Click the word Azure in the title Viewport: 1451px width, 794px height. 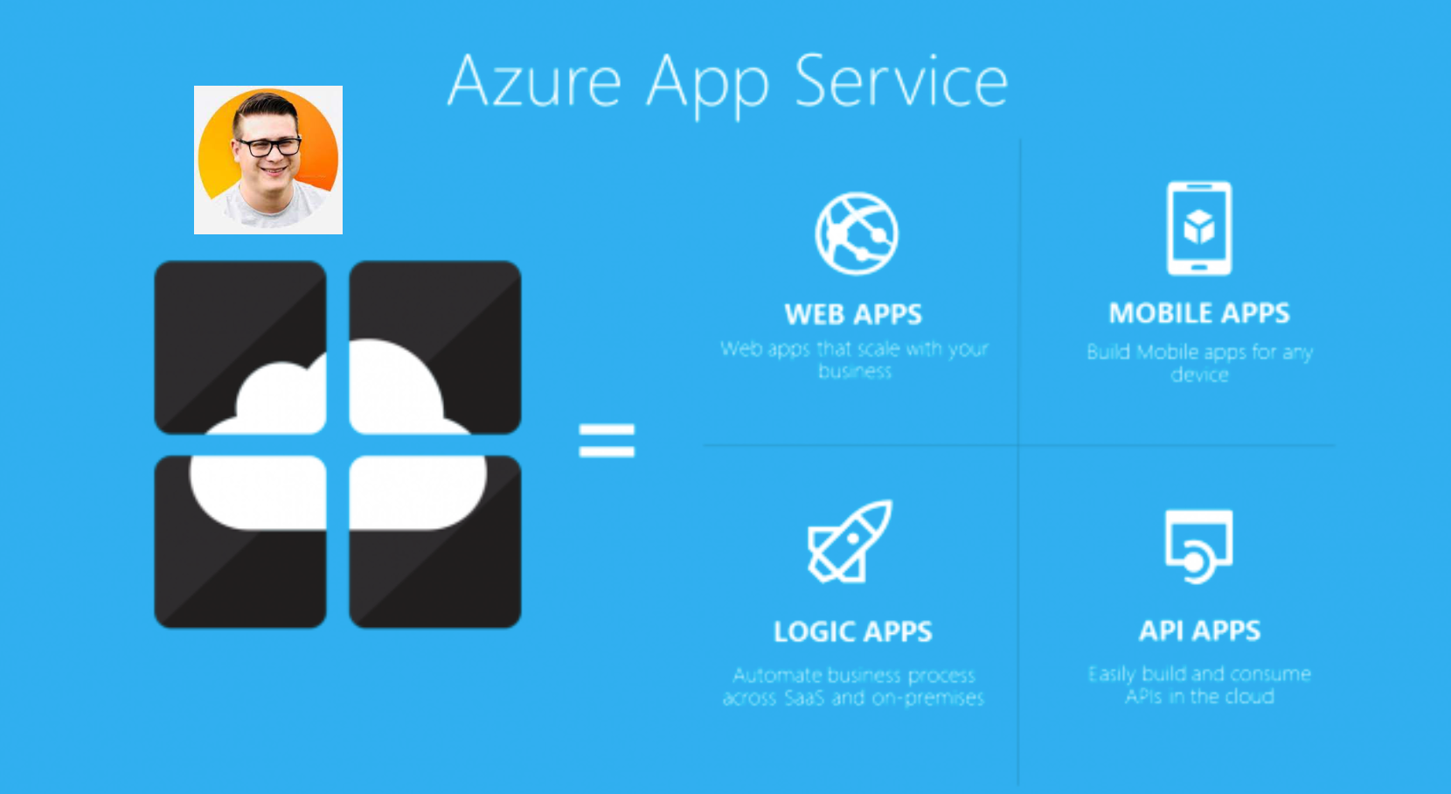[x=534, y=82]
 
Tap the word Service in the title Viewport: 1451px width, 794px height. [x=901, y=82]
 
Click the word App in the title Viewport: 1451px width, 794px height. [x=708, y=84]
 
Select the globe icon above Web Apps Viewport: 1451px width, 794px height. [x=856, y=233]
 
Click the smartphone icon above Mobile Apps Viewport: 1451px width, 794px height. [x=1199, y=228]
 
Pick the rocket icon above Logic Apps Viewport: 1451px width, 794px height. [x=849, y=541]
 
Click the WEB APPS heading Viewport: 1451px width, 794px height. [x=853, y=314]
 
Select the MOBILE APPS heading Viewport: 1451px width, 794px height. [x=1199, y=313]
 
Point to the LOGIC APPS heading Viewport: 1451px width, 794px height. [x=853, y=631]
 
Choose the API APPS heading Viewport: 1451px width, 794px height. [x=1199, y=630]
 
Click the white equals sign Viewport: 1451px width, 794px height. [x=607, y=440]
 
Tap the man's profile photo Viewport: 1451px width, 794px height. [x=268, y=160]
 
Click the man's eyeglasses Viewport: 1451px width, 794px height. [x=268, y=146]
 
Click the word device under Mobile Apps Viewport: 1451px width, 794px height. [x=1199, y=374]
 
